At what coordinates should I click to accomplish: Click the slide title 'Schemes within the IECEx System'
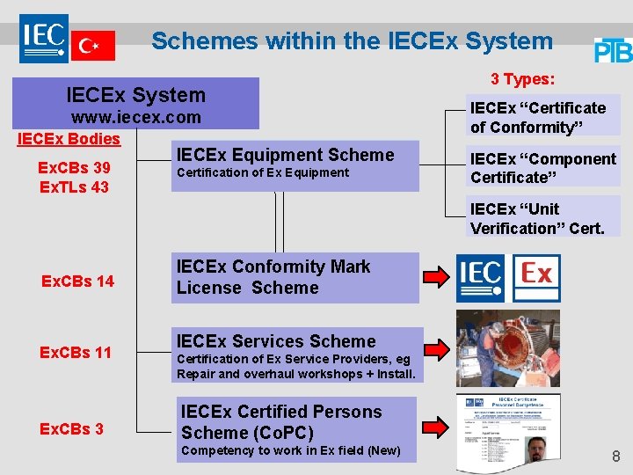352,41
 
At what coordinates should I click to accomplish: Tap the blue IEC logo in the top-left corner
44,37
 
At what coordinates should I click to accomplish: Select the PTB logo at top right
613,50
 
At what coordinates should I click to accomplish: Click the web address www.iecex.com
136,117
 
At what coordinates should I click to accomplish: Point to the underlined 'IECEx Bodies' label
69,139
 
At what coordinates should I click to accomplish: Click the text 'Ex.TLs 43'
75,186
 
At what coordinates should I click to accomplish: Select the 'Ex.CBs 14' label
77,281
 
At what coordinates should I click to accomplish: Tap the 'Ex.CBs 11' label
77,353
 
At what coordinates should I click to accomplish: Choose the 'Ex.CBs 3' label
72,429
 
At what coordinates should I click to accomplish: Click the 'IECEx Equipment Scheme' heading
285,155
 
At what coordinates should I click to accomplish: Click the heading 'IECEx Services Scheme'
276,341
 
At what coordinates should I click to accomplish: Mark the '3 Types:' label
522,79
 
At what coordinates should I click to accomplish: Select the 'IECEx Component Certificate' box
542,168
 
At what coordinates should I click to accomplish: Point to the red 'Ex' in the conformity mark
536,275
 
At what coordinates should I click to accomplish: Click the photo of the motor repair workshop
507,348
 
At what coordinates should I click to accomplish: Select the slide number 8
615,457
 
